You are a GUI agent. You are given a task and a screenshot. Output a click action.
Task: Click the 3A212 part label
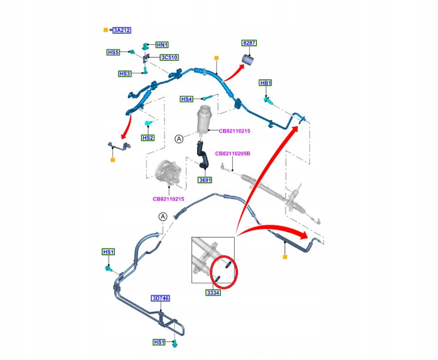pos(122,30)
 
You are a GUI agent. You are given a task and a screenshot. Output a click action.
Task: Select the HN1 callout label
pos(162,45)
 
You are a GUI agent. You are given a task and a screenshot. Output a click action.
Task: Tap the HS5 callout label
pos(113,52)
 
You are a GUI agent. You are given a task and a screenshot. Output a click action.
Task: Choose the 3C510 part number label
pos(169,57)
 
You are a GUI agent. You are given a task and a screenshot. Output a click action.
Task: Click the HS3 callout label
pos(125,74)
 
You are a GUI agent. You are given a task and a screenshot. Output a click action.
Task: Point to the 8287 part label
pos(249,43)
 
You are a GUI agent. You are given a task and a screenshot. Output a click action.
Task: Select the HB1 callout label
pos(266,83)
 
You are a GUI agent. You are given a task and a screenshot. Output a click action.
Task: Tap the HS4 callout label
pos(187,99)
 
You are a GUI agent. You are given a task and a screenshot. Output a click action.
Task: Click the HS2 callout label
pos(147,138)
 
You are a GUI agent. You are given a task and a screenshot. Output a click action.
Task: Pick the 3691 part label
pos(204,180)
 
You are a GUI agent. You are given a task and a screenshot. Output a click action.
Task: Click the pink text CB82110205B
pos(233,154)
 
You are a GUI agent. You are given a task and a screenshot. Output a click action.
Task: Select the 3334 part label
pos(212,293)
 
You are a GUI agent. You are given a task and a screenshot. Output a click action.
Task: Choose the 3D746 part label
pos(161,298)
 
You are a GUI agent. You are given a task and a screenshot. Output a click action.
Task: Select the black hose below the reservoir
pos(202,155)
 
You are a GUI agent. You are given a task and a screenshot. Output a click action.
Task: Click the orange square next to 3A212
pos(106,30)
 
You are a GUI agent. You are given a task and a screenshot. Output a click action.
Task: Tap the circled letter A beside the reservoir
pos(179,139)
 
